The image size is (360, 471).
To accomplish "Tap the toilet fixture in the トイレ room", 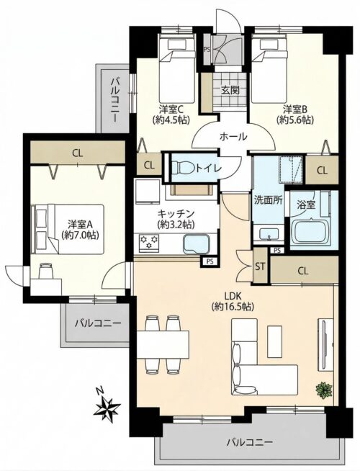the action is [x=183, y=168].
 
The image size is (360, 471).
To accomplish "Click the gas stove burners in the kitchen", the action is [x=148, y=243].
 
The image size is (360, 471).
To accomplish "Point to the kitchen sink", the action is [x=196, y=243].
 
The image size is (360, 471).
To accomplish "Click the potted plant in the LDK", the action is [x=324, y=390].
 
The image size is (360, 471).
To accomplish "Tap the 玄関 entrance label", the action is [x=230, y=90].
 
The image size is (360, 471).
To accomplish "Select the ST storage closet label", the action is [x=260, y=266].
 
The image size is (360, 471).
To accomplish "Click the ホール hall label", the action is [x=233, y=137].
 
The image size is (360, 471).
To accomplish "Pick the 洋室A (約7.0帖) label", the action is [x=81, y=230].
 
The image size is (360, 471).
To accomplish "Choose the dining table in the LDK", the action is [x=163, y=344].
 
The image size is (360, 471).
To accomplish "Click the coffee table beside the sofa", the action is [x=275, y=341].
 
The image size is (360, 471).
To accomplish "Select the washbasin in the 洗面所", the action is [x=269, y=233].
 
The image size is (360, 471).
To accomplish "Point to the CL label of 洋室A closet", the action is [x=78, y=153].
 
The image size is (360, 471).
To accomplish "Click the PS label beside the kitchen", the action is [x=210, y=261].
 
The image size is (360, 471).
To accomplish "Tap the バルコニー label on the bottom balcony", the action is [x=250, y=442].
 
